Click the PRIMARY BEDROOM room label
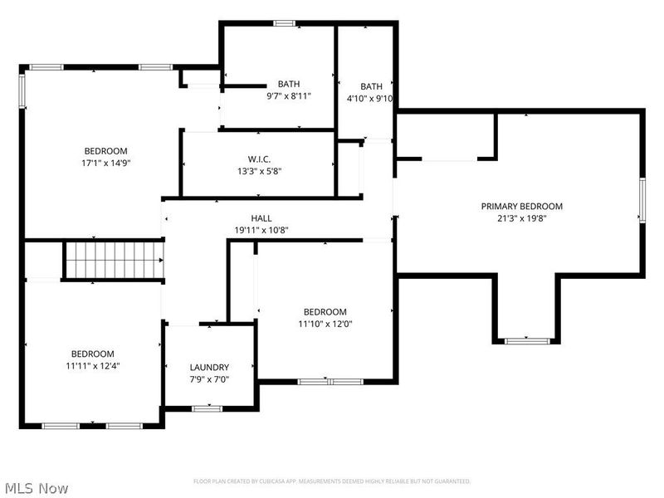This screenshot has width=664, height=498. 522,206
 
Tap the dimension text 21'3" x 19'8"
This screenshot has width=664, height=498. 522,218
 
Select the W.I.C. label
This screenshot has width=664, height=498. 259,159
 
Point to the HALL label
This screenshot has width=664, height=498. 261,217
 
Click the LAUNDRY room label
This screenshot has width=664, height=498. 209,367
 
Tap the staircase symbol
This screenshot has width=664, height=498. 115,260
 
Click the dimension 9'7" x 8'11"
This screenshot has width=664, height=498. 289,96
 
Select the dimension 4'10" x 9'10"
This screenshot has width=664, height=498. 371,98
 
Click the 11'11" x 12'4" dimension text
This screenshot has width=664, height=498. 92,365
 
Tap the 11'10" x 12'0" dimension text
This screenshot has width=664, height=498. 325,324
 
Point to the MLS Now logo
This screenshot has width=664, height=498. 35,488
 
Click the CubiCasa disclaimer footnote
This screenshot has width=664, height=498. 332,481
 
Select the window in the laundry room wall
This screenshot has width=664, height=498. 207,408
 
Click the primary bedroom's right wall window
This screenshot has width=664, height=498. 642,200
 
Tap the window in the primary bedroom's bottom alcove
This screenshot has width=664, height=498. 527,340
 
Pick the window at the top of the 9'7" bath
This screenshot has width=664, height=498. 285,23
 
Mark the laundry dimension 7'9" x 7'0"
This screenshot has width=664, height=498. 209,379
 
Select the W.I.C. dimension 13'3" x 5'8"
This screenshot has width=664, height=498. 259,172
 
